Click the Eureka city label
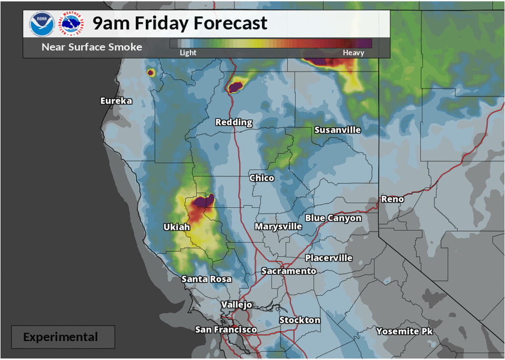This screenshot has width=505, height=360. pos(116,101)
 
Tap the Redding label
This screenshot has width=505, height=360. pos(234,122)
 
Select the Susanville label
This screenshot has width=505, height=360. pos(337,129)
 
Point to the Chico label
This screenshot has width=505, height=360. pos(261,178)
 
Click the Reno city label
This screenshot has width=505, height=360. pos(392,199)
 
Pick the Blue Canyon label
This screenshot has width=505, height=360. pos(333,218)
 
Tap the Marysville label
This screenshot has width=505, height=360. pos(278,226)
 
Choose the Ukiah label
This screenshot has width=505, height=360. pos(177,227)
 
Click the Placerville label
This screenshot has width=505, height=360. pos(329,258)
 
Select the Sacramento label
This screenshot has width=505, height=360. pos(289,271)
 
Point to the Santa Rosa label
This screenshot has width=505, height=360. pos(206,279)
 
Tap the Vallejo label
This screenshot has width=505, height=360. pos(236,305)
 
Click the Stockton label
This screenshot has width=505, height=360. pos(299,320)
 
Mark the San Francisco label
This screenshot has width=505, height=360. pos(226,329)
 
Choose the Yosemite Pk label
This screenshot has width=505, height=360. pos(405,331)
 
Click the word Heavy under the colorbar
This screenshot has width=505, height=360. pos(353,53)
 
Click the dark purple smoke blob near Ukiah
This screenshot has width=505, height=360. pos(203,202)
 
